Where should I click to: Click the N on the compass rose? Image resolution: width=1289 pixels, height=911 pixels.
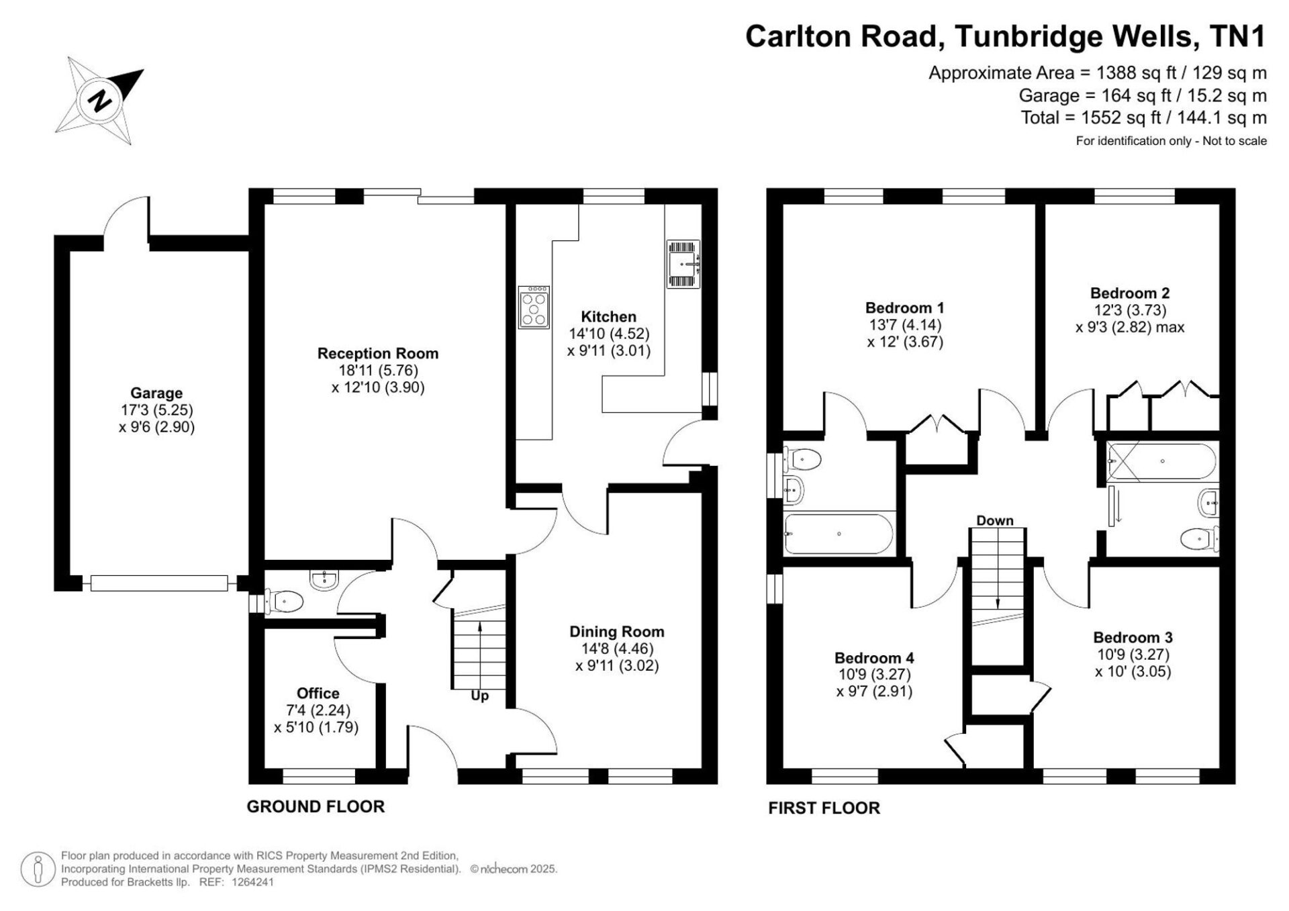pos(101,101)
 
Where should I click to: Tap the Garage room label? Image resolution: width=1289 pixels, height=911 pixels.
pos(156,393)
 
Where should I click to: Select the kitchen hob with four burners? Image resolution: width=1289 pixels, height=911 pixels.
pos(534,307)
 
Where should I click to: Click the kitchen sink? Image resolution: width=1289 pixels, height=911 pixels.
pos(683,265)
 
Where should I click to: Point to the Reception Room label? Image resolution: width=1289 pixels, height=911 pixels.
pos(378,353)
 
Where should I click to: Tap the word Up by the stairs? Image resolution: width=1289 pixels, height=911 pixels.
pos(479,696)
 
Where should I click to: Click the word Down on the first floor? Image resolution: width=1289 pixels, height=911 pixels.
pos(995,520)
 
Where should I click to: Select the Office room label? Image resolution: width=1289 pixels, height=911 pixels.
pos(318,693)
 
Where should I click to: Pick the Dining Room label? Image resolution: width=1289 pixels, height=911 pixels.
pos(617,631)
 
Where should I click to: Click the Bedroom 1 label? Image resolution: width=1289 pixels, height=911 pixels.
pos(905,307)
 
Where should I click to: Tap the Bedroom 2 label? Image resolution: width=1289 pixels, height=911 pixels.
pos(1130,293)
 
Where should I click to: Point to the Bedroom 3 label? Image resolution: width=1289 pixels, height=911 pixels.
pos(1133,637)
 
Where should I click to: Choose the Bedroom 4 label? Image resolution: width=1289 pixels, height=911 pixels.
pos(874,657)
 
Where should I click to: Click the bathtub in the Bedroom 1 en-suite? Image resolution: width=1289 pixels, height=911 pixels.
pos(839,534)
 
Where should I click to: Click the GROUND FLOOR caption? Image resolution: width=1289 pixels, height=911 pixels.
pos(316,806)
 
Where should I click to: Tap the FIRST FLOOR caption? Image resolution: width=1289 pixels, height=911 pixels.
pos(824,808)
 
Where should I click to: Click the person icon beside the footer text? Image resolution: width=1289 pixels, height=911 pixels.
pos(38,870)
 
